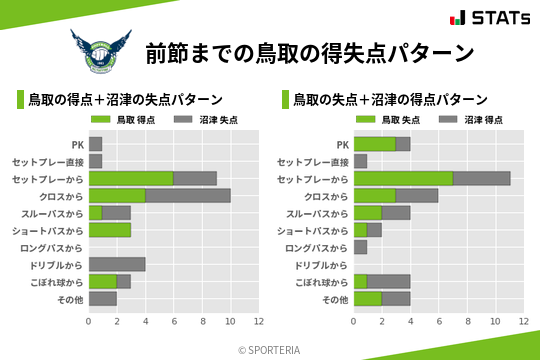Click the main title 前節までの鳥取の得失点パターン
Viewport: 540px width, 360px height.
tap(308, 52)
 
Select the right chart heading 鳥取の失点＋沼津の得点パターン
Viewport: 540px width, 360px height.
tap(390, 100)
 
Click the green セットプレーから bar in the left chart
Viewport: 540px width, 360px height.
tap(131, 178)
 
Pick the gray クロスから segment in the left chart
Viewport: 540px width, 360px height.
tap(188, 195)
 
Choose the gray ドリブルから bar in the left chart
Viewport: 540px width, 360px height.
tap(117, 264)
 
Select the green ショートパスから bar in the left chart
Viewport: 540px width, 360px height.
tap(110, 230)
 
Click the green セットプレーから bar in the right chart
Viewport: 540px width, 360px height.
tap(403, 178)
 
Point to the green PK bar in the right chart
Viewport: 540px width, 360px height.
tap(375, 144)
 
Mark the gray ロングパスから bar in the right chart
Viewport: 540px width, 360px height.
tap(361, 247)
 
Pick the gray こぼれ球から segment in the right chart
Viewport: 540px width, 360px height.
tap(389, 281)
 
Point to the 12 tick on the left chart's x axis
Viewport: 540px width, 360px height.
tap(259, 322)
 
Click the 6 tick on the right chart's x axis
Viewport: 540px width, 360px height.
tap(439, 322)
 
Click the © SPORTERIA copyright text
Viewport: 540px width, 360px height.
tap(270, 350)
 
